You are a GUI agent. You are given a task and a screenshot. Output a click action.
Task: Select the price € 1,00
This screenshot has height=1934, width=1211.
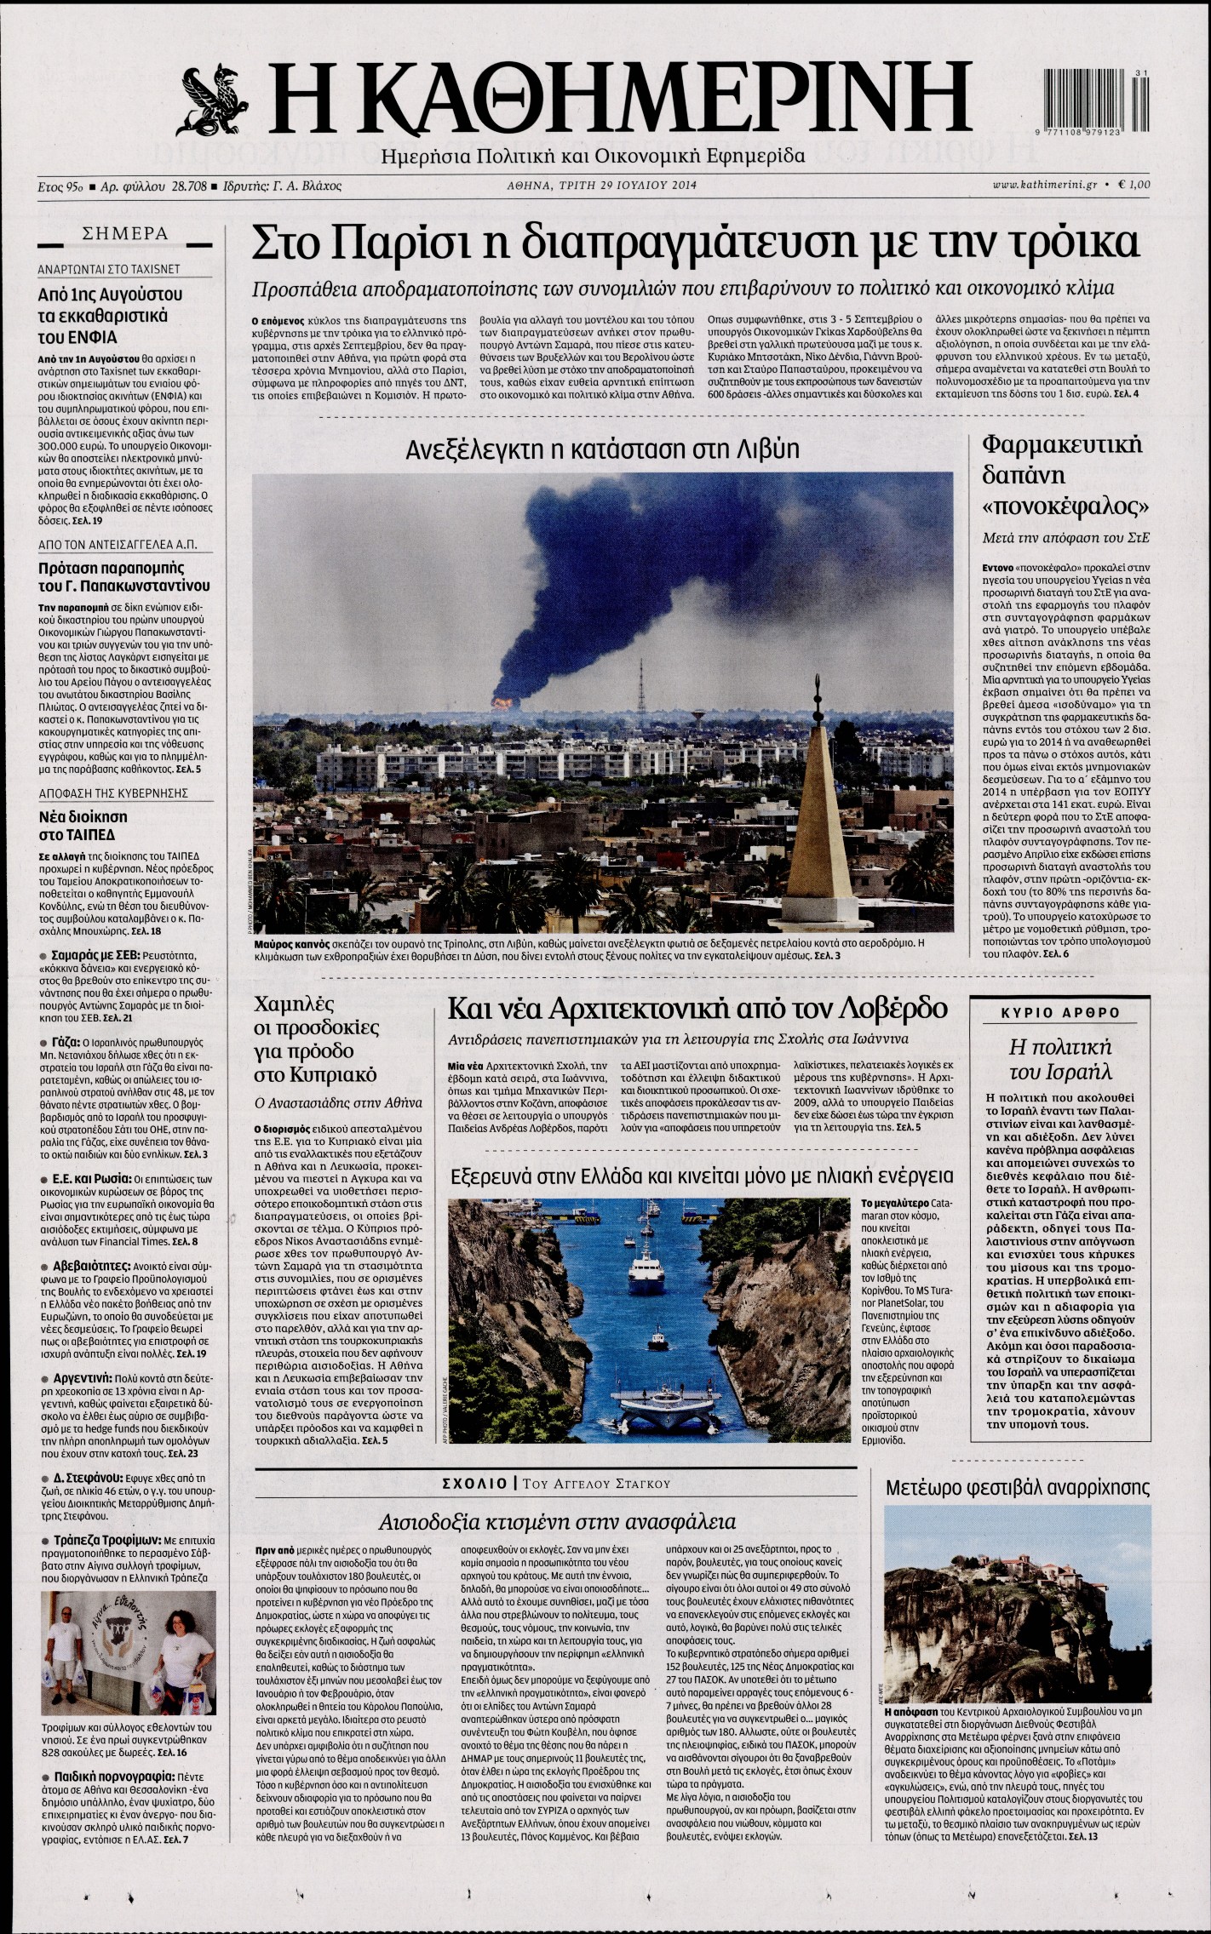tap(1134, 185)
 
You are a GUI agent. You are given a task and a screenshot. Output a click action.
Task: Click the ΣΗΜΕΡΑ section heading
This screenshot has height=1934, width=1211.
tap(124, 234)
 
